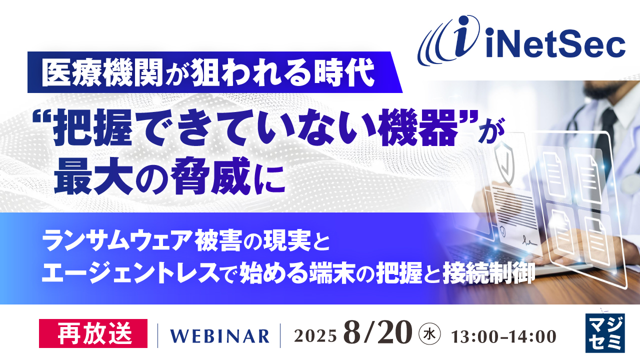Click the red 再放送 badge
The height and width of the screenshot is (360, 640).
[x=93, y=333]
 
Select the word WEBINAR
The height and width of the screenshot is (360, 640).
[x=219, y=336]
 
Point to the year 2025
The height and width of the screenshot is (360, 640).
[x=315, y=336]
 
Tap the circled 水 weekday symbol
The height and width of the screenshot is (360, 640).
[x=429, y=333]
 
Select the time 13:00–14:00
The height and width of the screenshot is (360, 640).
[x=503, y=336]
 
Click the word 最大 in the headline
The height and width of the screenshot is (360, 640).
[x=93, y=176]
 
